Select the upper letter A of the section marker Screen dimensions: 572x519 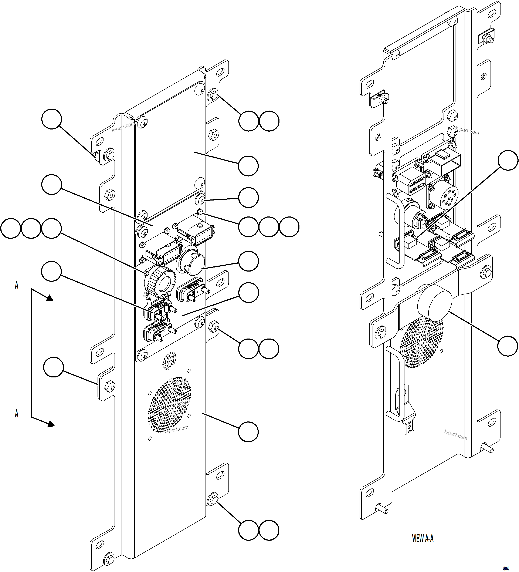pyautogui.click(x=16, y=285)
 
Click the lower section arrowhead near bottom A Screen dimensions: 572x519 pyautogui.click(x=51, y=424)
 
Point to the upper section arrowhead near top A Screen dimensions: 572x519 pyautogui.click(x=50, y=298)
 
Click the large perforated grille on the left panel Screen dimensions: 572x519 pyautogui.click(x=169, y=405)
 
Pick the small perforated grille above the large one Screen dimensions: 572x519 pyautogui.click(x=169, y=361)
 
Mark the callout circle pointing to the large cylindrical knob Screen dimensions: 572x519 pyautogui.click(x=508, y=346)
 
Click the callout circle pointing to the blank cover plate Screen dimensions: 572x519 pyautogui.click(x=248, y=166)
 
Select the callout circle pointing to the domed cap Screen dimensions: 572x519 pyautogui.click(x=248, y=261)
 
